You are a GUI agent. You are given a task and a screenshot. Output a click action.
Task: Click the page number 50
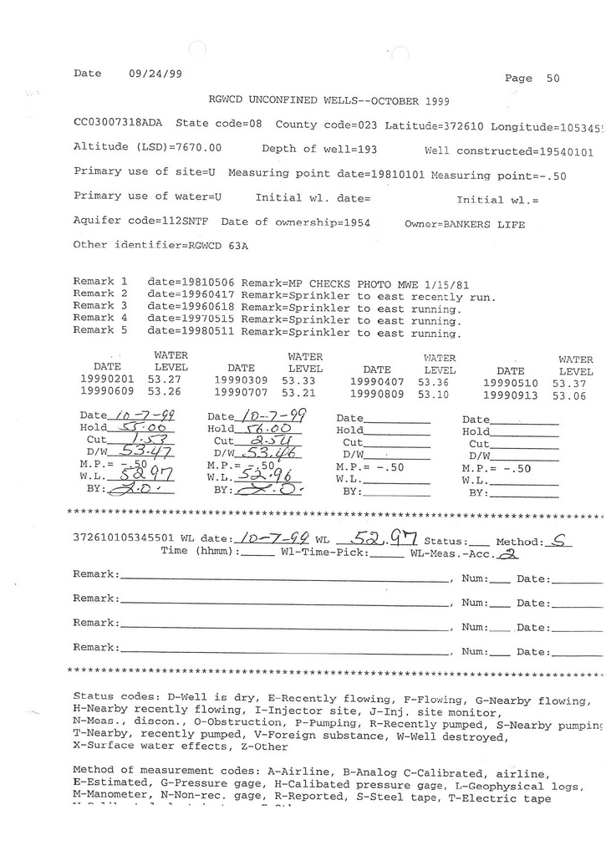(x=553, y=79)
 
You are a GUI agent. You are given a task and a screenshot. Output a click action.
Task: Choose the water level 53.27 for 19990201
(x=165, y=380)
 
